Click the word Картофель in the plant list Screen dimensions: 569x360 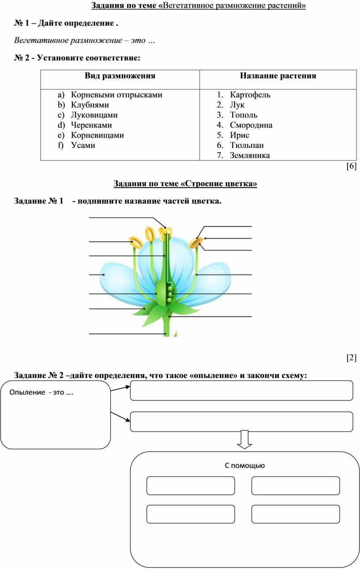pyautogui.click(x=250, y=95)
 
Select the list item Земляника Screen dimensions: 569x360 pyautogui.click(x=250, y=155)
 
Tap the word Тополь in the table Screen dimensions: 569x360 pyautogui.click(x=244, y=115)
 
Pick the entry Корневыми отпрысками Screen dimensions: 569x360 pyautogui.click(x=116, y=95)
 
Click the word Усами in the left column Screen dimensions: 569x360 pyautogui.click(x=83, y=145)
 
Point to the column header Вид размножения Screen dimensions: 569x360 pyautogui.click(x=120, y=76)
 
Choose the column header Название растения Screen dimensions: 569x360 pyautogui.click(x=278, y=76)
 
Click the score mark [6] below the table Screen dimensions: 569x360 pyautogui.click(x=352, y=166)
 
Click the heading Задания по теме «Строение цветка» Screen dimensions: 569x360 pyautogui.click(x=185, y=183)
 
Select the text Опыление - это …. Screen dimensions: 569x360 pyautogui.click(x=41, y=393)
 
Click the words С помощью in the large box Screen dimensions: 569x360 pyautogui.click(x=244, y=465)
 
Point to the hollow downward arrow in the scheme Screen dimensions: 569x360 pyautogui.click(x=244, y=439)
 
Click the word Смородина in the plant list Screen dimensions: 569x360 pyautogui.click(x=251, y=125)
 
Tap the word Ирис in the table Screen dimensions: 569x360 pyautogui.click(x=239, y=135)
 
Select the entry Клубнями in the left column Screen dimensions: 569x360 pyautogui.click(x=90, y=105)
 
